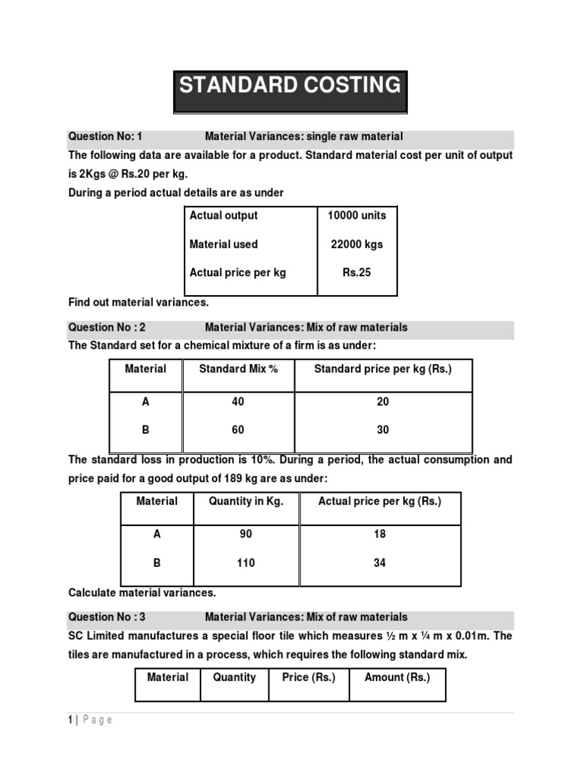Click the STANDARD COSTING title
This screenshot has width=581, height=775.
290,85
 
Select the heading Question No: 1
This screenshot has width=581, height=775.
105,136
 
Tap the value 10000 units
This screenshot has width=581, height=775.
356,216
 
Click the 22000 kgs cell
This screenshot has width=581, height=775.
356,244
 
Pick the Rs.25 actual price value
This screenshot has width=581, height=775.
356,272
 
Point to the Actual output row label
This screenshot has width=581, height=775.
223,216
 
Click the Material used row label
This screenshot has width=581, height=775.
223,244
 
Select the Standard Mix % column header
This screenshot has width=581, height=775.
238,369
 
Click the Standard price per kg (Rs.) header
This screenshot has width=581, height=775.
383,369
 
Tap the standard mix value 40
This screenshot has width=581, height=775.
238,402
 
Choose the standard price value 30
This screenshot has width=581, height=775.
383,430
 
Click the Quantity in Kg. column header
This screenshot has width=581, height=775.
246,502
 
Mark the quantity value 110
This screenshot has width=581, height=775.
246,563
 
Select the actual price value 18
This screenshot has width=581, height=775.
379,534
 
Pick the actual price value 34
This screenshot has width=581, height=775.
379,563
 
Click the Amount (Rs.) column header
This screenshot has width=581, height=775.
397,677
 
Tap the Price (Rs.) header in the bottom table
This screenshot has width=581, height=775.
309,677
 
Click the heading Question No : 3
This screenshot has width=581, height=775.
107,617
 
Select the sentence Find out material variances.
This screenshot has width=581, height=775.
138,303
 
